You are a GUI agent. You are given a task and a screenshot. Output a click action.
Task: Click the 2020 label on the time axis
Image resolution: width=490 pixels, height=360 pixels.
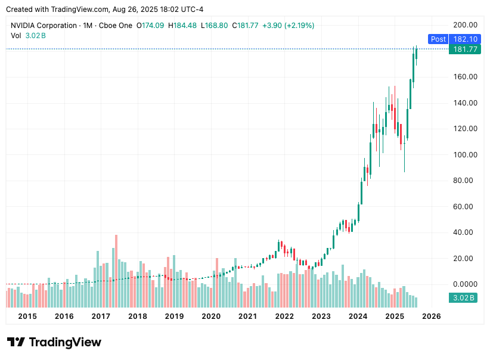[x=211, y=316]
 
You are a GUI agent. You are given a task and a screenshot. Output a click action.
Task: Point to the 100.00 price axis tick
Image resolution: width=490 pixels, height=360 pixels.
[x=464, y=154]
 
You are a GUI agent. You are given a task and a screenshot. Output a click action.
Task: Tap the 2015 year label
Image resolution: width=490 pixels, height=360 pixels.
[x=27, y=316]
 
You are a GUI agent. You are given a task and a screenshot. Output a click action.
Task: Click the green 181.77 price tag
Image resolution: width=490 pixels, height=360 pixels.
[x=465, y=49]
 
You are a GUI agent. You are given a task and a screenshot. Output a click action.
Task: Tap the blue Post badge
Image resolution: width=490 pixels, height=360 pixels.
[x=438, y=39]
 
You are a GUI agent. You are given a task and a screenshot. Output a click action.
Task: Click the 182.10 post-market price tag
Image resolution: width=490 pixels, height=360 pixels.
[x=465, y=39]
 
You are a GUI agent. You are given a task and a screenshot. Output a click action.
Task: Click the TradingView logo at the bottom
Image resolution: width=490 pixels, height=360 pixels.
[x=54, y=342]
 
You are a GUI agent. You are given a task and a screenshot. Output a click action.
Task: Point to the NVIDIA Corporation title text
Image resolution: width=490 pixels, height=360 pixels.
[x=44, y=26]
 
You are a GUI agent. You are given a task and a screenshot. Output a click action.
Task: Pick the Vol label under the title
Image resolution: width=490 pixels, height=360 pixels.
[x=16, y=36]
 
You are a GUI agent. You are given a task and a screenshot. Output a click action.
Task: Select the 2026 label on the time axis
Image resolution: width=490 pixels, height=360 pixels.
[x=430, y=316]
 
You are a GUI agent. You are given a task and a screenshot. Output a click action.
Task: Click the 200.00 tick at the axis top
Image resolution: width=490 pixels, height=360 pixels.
[x=464, y=25]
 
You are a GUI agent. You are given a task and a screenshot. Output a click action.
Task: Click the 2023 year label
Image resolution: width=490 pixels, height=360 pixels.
[x=321, y=316]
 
